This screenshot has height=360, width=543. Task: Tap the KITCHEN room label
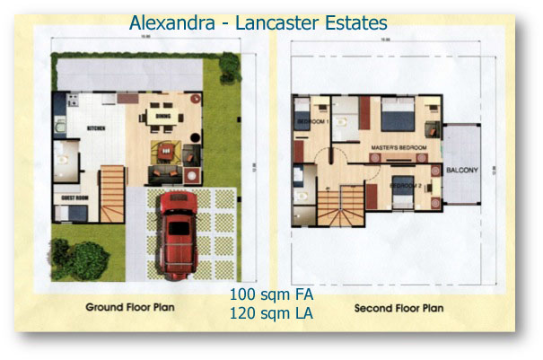click(96, 128)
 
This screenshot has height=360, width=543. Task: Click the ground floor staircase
click(111, 191)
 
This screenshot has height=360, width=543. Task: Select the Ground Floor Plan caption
click(130, 308)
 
